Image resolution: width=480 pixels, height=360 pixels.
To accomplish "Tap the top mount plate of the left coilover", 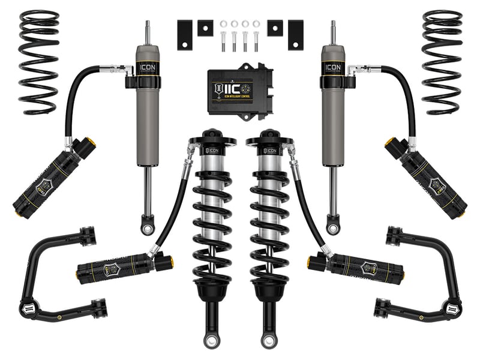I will click(211, 142).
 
